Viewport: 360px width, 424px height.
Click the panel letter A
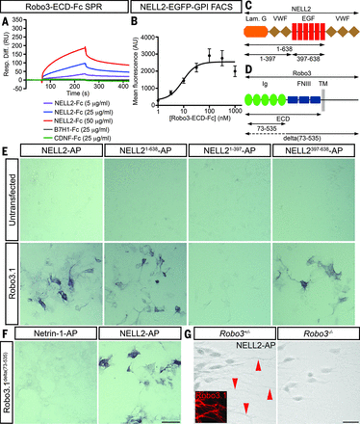coord(5,19)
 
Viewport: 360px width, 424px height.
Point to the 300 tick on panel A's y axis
coord(20,32)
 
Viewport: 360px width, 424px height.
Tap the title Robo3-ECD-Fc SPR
coord(56,7)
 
